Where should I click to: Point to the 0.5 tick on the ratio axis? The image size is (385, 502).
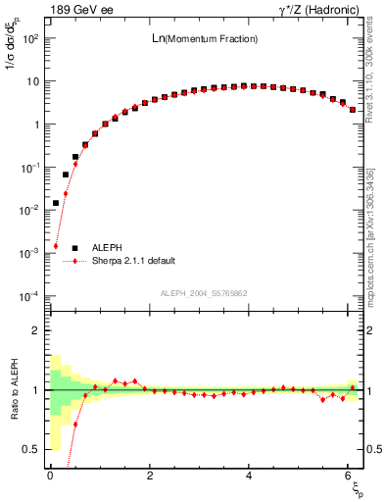(30, 449)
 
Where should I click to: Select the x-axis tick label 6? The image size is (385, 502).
(351, 476)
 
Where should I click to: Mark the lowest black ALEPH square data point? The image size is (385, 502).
(56, 203)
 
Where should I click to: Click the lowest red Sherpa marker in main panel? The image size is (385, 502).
(56, 246)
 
